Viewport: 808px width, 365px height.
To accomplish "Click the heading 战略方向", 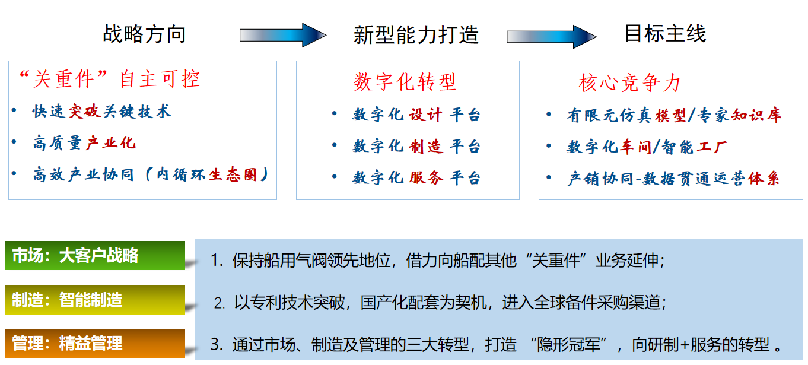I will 144,34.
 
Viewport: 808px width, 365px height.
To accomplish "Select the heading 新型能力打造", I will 416,35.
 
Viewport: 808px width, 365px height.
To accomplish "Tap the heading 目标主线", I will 665,33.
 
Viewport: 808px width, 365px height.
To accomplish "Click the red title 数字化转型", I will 405,82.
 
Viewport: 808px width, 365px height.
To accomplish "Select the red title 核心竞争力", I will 629,83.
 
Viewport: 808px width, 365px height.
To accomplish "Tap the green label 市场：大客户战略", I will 95,256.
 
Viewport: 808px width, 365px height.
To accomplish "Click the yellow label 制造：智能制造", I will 95,300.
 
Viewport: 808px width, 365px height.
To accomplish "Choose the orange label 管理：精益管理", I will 95,343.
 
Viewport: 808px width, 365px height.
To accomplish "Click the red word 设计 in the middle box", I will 425,115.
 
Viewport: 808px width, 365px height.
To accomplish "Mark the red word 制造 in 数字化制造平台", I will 425,147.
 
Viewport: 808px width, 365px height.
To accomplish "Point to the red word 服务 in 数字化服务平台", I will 425,177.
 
